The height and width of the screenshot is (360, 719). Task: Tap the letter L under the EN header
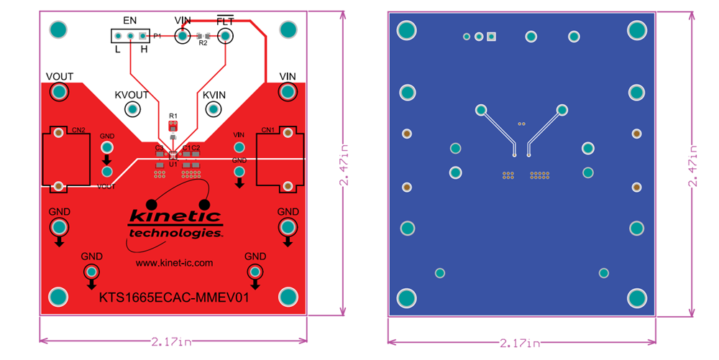117,50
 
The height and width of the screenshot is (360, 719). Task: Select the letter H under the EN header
144,50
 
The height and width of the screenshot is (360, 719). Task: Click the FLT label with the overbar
225,20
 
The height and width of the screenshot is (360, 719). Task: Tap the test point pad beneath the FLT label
226,35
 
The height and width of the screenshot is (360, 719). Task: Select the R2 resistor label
203,43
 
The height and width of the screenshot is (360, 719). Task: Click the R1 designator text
173,116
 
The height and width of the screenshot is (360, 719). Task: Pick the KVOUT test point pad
132,109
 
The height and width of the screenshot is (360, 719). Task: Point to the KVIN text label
214,95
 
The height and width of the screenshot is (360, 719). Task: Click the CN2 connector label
78,130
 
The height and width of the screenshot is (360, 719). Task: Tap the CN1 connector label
268,130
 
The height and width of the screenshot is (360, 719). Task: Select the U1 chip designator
173,165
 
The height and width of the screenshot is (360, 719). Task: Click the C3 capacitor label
159,147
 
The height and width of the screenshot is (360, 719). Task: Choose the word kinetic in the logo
175,216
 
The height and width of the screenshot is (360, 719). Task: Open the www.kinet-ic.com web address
174,263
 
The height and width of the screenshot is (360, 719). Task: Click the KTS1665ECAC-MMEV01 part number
173,297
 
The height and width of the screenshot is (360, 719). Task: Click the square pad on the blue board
492,37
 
